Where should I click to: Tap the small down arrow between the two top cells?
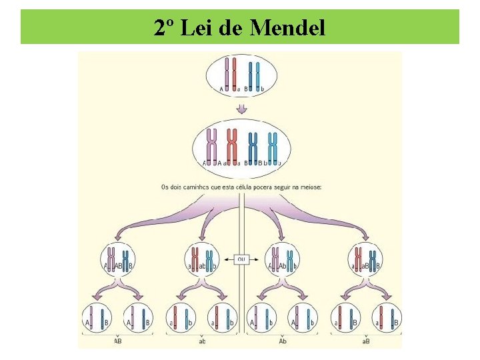pyautogui.click(x=242, y=108)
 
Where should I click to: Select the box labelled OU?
pyautogui.click(x=241, y=259)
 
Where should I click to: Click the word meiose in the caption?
pyautogui.click(x=309, y=187)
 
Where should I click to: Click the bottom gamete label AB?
pyautogui.click(x=117, y=341)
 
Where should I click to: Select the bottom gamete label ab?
pyautogui.click(x=202, y=341)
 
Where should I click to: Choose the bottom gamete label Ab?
pyautogui.click(x=283, y=341)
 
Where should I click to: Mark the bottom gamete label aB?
pyautogui.click(x=366, y=341)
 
